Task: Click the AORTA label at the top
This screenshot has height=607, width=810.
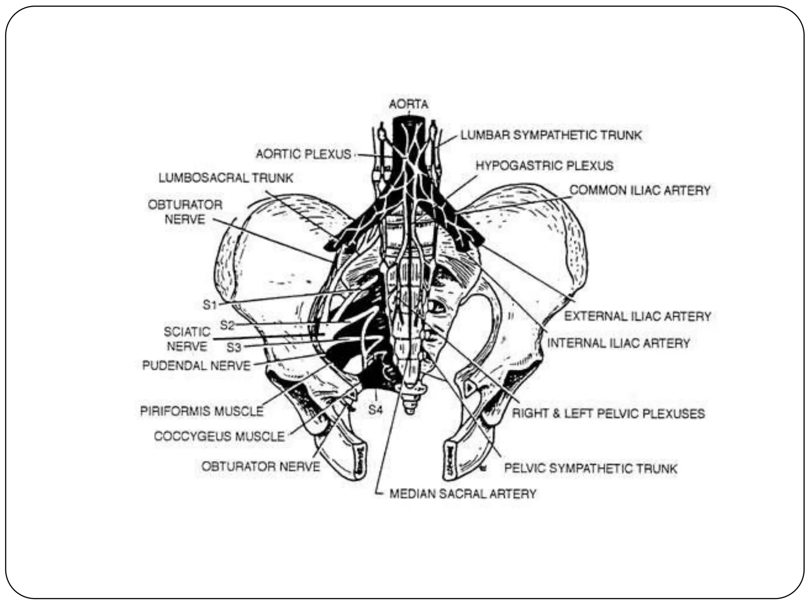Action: (409, 104)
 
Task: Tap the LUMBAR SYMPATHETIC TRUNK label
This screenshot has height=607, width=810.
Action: (551, 136)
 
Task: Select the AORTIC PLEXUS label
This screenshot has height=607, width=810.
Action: (303, 154)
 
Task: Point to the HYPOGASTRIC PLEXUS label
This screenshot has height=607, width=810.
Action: (544, 166)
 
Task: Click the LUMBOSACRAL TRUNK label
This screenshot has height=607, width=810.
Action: (226, 178)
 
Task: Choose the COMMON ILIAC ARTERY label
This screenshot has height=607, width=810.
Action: (640, 190)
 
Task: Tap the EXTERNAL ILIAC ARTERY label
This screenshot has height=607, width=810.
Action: (638, 316)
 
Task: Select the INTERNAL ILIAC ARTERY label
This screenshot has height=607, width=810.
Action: (618, 343)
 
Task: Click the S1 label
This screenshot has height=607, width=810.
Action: (210, 305)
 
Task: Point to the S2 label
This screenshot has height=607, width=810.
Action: (227, 325)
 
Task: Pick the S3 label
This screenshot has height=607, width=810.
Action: (233, 347)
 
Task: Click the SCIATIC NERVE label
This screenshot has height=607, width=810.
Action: (187, 339)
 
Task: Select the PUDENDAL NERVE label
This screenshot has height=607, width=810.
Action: (197, 366)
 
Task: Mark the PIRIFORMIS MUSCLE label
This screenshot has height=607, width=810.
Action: (202, 411)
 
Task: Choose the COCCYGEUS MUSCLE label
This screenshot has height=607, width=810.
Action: (219, 436)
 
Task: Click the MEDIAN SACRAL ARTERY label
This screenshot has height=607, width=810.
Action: (463, 494)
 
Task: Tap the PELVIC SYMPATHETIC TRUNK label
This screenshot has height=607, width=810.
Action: (590, 469)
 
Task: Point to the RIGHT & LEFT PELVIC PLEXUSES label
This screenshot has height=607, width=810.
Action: (608, 414)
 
